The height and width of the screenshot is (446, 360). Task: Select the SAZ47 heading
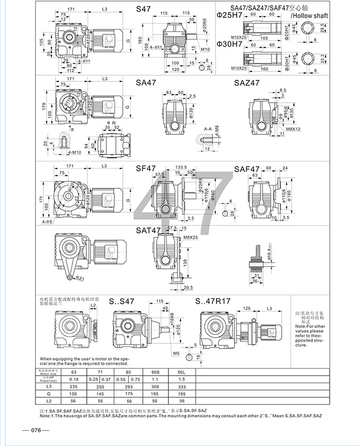[247, 83]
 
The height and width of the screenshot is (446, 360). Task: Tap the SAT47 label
[148, 231]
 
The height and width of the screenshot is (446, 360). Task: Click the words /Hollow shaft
[310, 16]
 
